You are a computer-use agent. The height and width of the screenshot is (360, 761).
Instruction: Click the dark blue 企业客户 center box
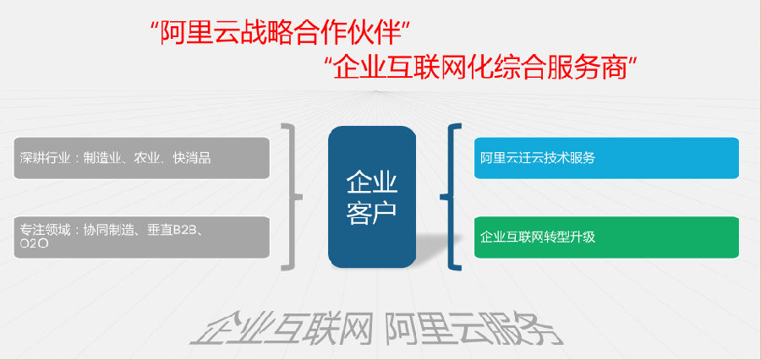click(x=372, y=197)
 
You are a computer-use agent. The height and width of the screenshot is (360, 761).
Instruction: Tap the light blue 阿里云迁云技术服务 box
click(x=606, y=158)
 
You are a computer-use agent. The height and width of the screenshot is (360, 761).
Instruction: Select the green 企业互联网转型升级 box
click(x=606, y=237)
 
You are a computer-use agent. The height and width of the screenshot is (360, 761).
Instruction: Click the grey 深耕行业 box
click(x=142, y=158)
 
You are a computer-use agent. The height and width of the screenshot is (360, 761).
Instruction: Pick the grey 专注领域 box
click(x=142, y=237)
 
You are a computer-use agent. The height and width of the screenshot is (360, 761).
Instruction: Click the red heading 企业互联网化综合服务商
click(x=480, y=68)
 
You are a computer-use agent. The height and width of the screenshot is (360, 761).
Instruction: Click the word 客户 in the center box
click(x=372, y=212)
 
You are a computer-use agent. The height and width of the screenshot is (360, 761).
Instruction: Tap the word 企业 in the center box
click(x=372, y=183)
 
